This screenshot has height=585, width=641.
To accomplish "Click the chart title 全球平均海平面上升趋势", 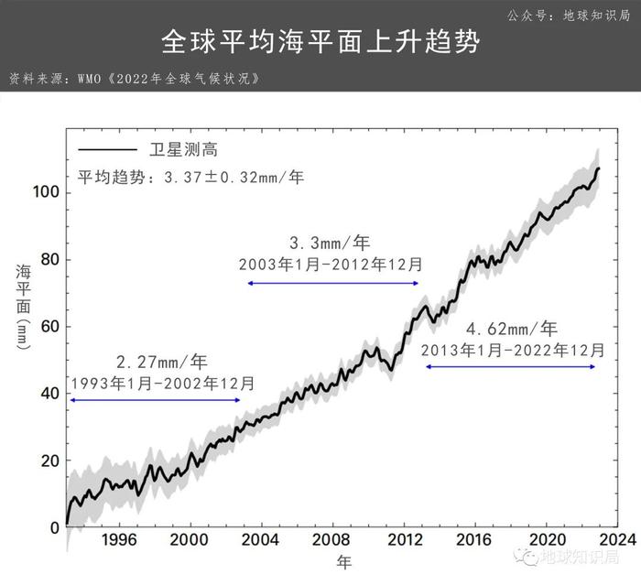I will click(x=320, y=42).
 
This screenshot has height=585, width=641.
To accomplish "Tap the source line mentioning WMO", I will click(x=137, y=78).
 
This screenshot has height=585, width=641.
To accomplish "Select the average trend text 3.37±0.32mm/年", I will click(x=190, y=178).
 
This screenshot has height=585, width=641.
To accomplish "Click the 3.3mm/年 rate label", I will click(x=331, y=244).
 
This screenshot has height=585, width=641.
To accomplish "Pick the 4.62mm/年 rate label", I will click(x=512, y=329).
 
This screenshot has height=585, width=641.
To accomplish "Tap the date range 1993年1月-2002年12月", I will click(x=162, y=383).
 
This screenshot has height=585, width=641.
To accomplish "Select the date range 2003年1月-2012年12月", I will click(x=331, y=264).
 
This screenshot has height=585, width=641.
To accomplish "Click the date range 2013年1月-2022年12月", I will click(x=512, y=350).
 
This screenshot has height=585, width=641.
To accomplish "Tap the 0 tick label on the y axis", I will click(x=53, y=528).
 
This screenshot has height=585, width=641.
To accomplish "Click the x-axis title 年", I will click(x=342, y=560).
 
